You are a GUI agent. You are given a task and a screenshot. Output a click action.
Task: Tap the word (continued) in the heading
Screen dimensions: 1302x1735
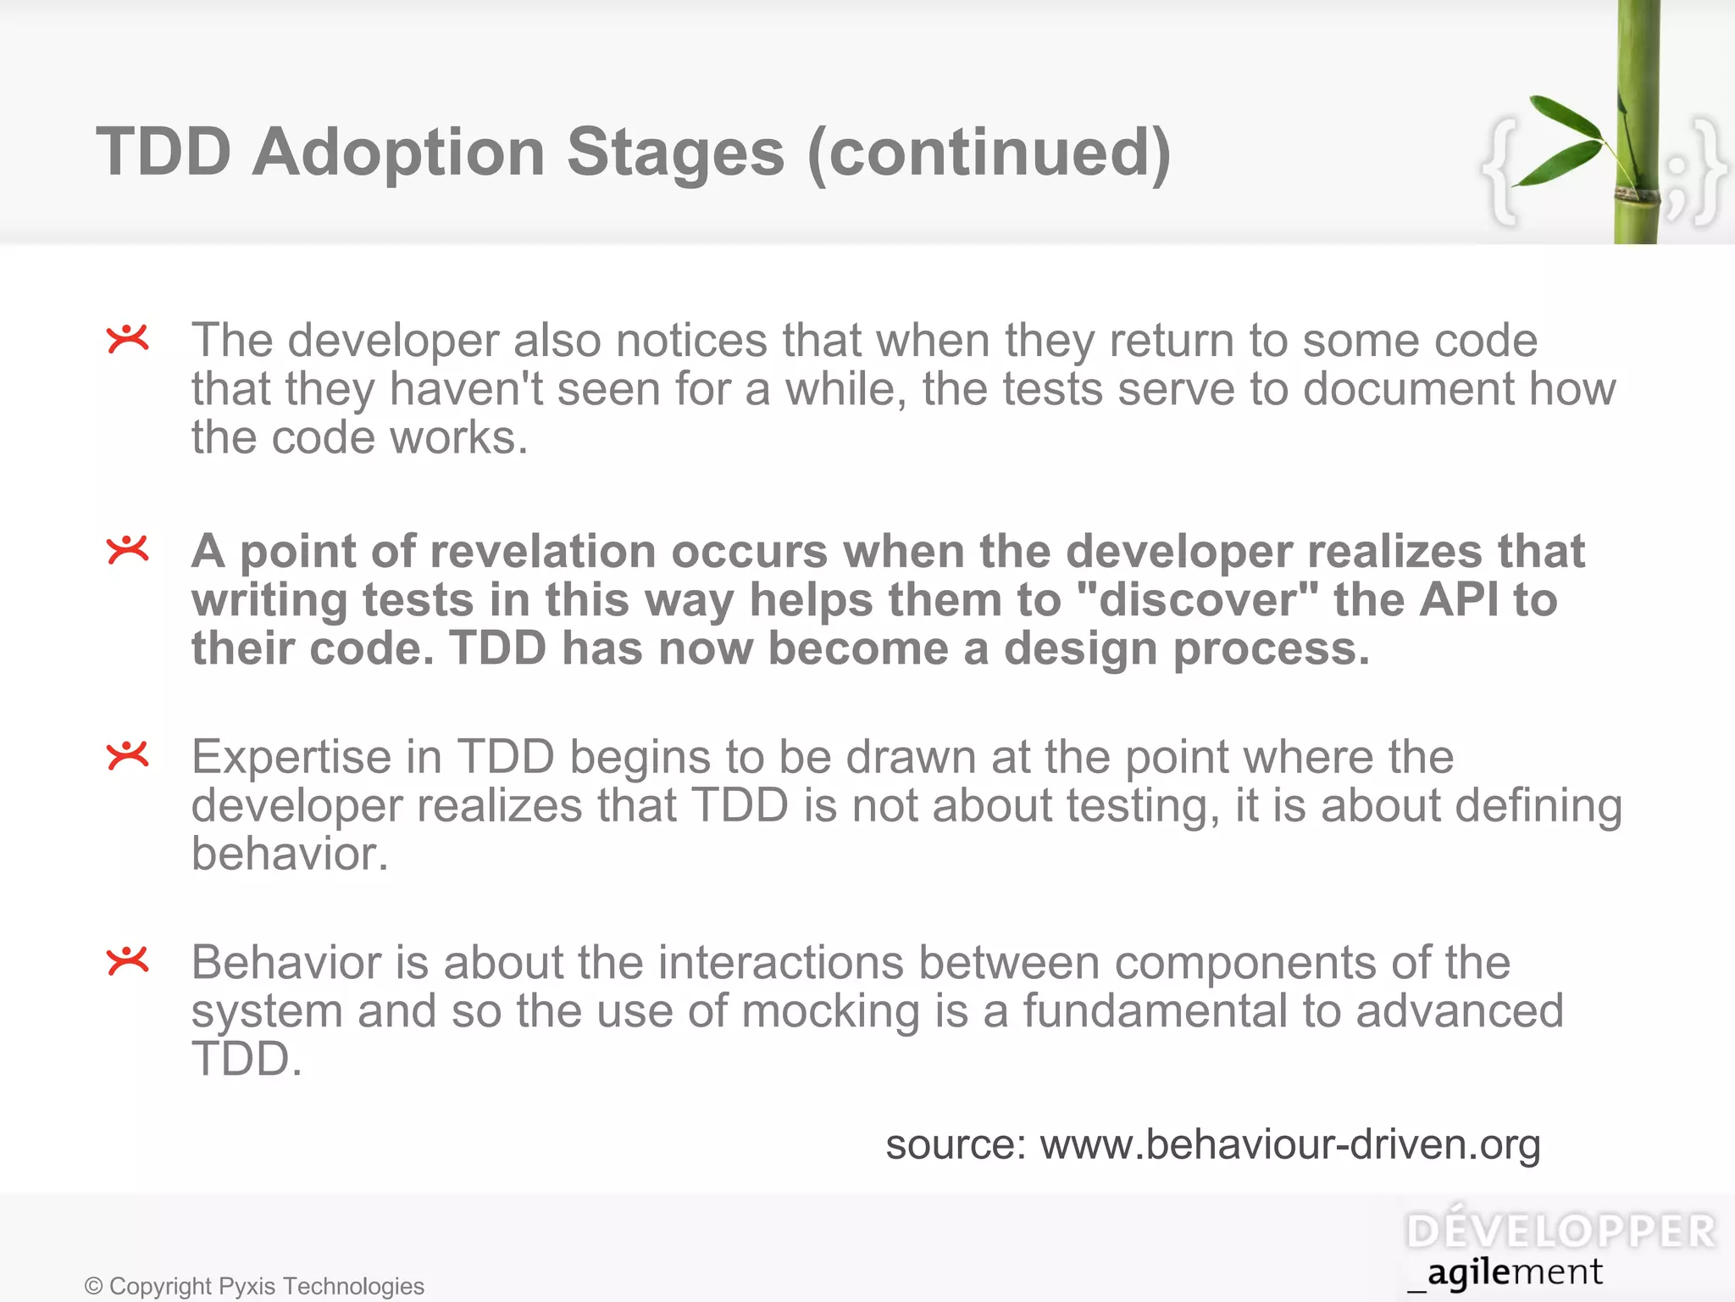click(x=989, y=153)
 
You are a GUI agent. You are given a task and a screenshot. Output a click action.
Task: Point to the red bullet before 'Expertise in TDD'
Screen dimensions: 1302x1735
click(x=128, y=754)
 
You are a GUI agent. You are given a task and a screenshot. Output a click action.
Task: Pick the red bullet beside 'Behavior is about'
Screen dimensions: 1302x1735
click(x=128, y=960)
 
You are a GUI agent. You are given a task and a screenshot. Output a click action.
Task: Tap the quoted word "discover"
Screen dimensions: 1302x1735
click(x=1198, y=600)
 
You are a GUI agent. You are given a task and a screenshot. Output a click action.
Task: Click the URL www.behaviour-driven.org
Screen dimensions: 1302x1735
click(x=1289, y=1144)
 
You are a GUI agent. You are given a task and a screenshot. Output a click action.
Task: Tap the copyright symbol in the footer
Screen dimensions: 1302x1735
click(x=93, y=1287)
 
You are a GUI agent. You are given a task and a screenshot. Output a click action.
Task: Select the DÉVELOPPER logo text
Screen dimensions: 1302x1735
click(x=1560, y=1232)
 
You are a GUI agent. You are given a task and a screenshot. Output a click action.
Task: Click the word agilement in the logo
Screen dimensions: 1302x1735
click(x=1515, y=1273)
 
